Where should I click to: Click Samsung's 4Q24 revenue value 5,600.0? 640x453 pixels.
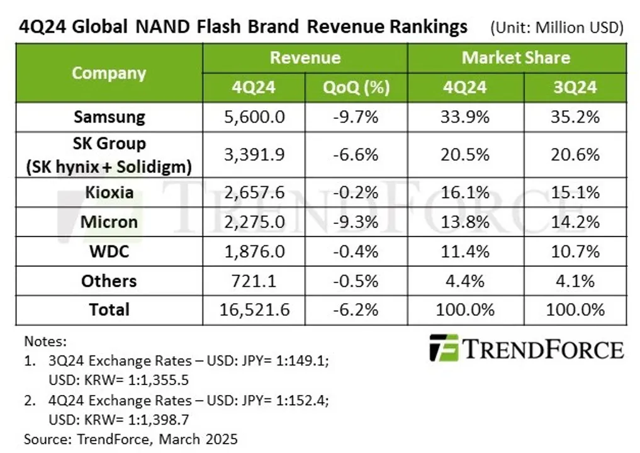pos(254,117)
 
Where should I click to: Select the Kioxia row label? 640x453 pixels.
pos(109,192)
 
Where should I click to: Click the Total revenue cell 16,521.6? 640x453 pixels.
pos(254,310)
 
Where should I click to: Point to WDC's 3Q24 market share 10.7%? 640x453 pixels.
pos(575,251)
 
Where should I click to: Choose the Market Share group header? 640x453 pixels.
pos(516,58)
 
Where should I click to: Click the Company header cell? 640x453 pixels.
pos(109,73)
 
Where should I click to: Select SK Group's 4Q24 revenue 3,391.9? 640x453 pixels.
pos(254,155)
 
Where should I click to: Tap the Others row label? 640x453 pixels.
pos(109,281)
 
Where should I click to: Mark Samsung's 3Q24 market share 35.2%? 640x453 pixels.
pos(575,117)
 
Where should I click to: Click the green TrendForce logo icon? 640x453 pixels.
pos(444,347)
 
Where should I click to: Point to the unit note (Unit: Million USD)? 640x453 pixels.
pos(556,28)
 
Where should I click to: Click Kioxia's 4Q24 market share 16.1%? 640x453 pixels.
pos(466,192)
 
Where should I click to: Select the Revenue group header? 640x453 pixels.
pos(305,58)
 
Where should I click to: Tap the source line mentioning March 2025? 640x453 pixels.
pos(131,438)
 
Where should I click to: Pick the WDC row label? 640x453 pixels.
pos(109,251)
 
